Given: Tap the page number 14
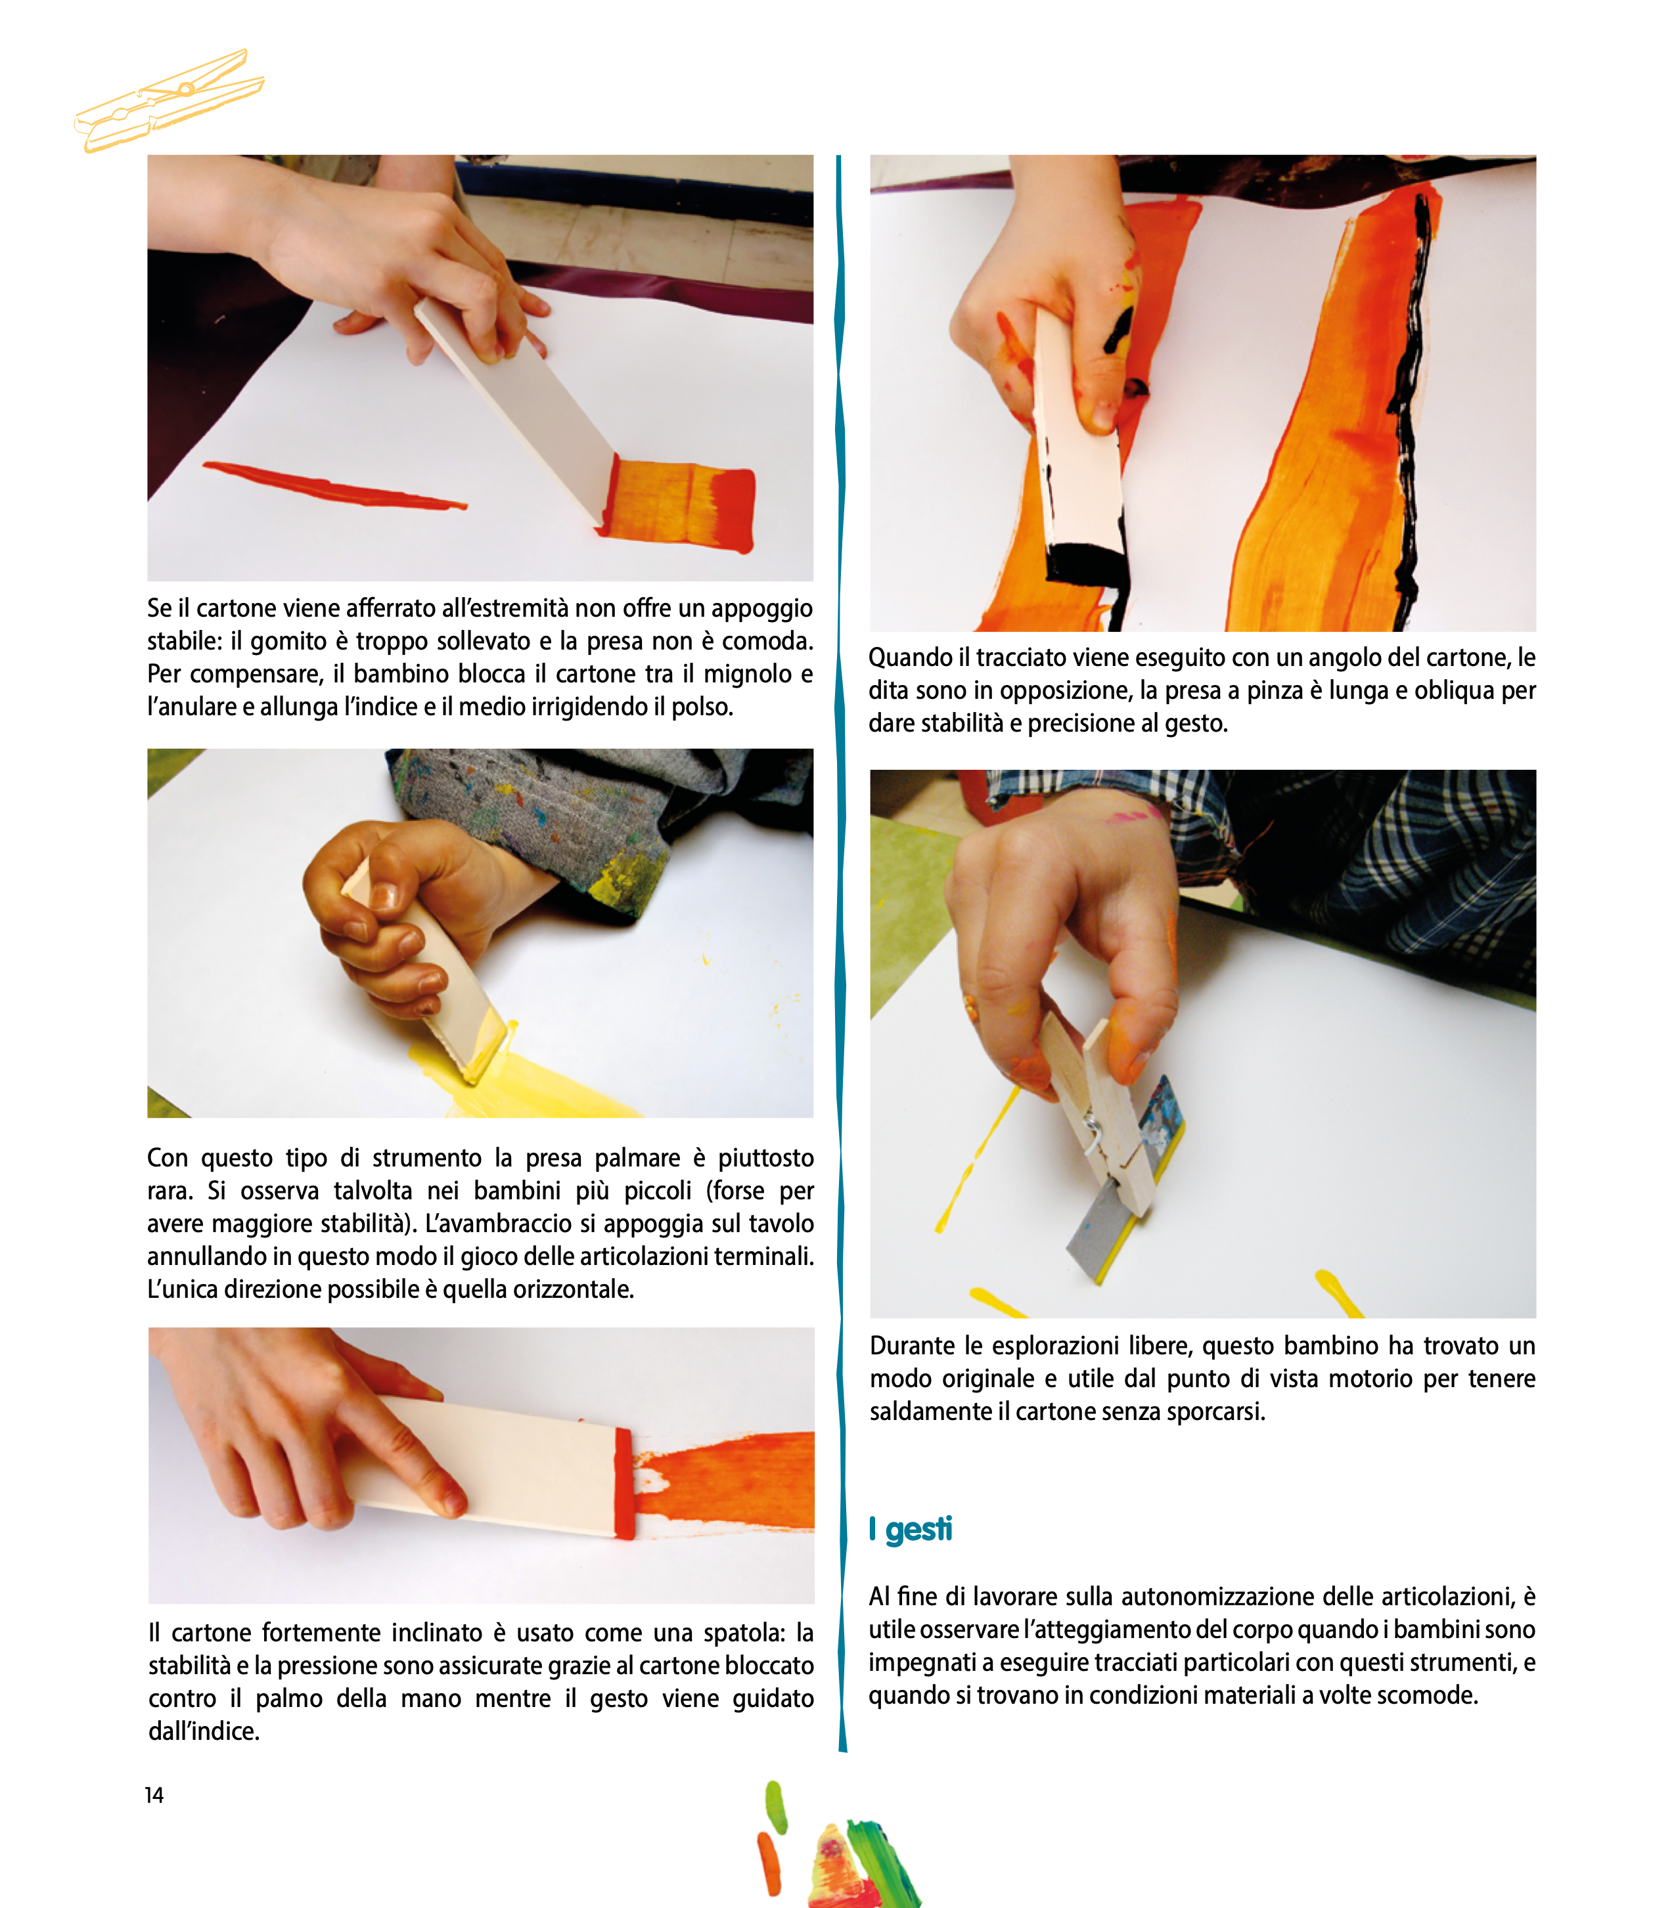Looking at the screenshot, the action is tap(154, 1795).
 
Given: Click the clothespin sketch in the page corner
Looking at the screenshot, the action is tap(169, 100).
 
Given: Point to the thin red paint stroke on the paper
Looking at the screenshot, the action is tap(334, 485).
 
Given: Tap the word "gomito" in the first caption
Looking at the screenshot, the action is tap(288, 641).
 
